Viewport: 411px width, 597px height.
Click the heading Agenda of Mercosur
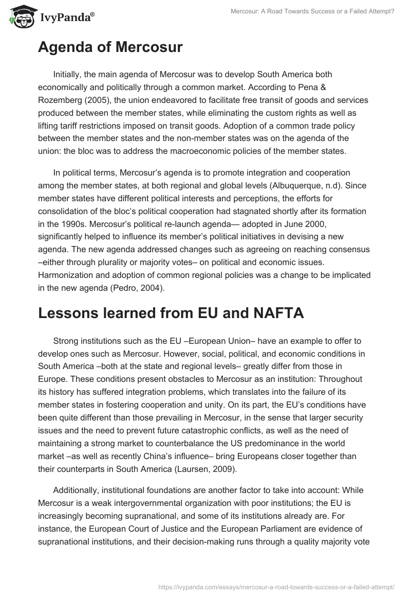coord(110,48)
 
